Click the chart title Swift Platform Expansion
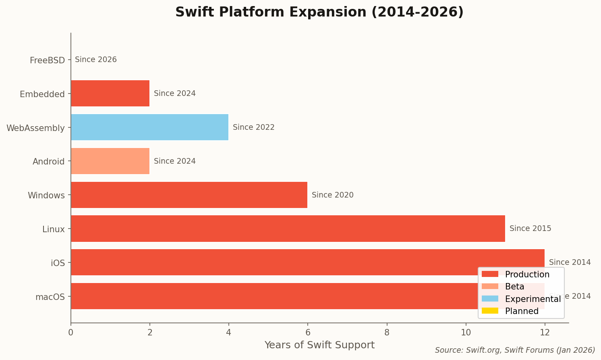(319, 12)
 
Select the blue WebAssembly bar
(149, 127)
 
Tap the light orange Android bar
(110, 161)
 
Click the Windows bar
(189, 195)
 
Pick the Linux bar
(288, 229)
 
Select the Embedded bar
(110, 94)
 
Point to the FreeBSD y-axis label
(47, 60)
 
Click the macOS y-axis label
(50, 297)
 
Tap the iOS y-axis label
(58, 263)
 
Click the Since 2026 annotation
(96, 60)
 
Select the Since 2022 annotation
(253, 127)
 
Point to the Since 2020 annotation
(332, 195)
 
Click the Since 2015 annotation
(530, 229)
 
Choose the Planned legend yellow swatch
(490, 311)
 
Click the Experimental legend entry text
(533, 299)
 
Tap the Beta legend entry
(514, 287)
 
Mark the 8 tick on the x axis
(387, 333)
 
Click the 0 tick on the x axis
(71, 333)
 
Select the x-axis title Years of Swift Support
(319, 345)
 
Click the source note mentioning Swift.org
(515, 350)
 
